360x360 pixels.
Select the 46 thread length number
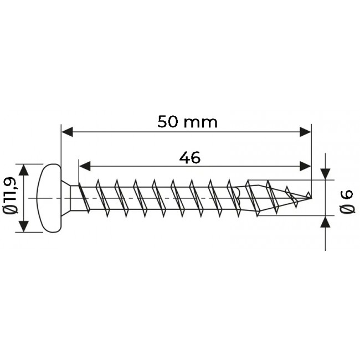189,158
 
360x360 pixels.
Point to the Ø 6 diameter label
347,202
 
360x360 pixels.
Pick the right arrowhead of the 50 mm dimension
305,132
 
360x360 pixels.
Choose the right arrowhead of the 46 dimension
305,166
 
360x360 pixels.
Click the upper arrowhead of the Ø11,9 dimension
23,169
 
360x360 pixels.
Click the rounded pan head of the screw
49,198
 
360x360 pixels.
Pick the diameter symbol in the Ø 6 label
347,210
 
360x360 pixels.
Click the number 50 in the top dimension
167,122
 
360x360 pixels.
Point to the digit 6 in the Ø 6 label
347,194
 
